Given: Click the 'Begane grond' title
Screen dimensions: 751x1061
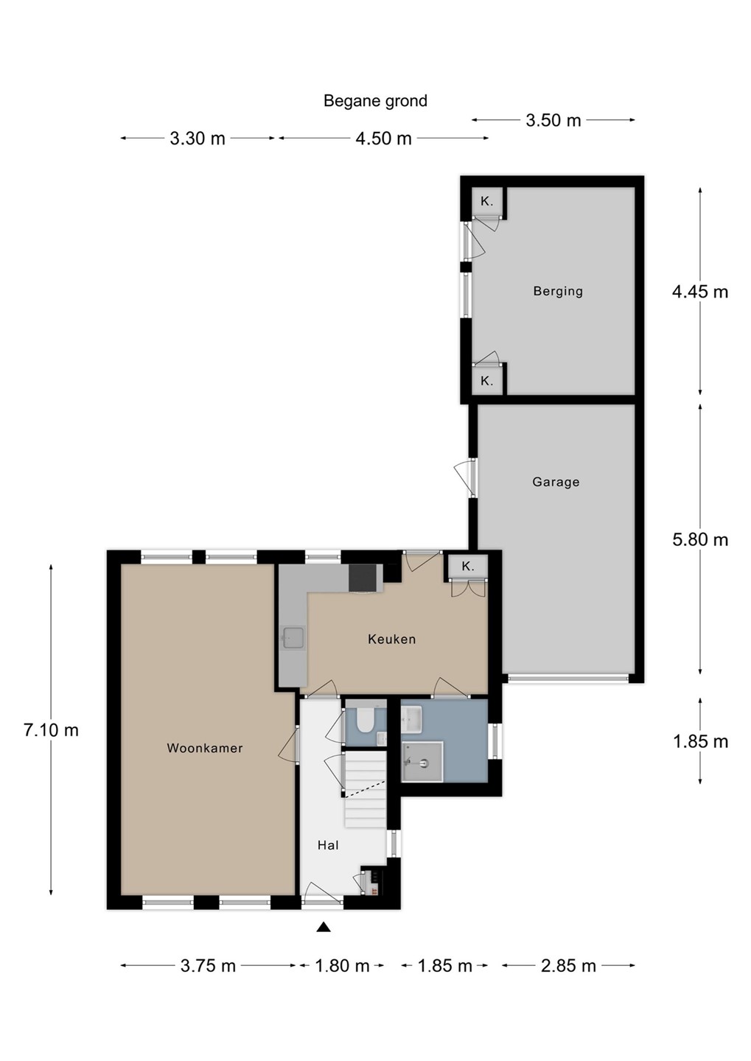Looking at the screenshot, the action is pyautogui.click(x=375, y=101).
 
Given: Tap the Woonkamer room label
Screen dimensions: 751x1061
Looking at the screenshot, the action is pyautogui.click(x=205, y=748).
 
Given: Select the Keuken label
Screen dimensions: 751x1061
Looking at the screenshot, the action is pyautogui.click(x=392, y=640).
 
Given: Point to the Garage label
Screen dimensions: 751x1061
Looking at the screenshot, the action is pyautogui.click(x=556, y=482).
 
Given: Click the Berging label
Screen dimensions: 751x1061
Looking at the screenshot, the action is pyautogui.click(x=558, y=291).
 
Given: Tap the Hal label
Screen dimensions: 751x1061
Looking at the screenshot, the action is pyautogui.click(x=328, y=845).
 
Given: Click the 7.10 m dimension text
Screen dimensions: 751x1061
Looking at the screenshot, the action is pyautogui.click(x=51, y=730).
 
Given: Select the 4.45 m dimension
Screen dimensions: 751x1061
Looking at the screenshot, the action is pyautogui.click(x=700, y=292).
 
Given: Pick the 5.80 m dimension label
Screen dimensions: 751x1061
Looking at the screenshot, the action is pyautogui.click(x=700, y=539).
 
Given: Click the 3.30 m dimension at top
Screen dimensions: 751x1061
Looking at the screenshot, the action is pyautogui.click(x=198, y=139).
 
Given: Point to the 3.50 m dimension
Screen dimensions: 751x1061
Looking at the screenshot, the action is pyautogui.click(x=553, y=120).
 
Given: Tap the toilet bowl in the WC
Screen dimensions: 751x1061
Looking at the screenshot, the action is pyautogui.click(x=366, y=721).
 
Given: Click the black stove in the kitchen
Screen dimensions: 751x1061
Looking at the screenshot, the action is pyautogui.click(x=366, y=578).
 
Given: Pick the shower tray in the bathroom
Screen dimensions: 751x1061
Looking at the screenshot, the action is pyautogui.click(x=422, y=761).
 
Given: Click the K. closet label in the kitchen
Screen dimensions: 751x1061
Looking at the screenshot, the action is pyautogui.click(x=468, y=566).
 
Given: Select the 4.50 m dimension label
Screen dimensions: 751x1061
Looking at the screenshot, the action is pyautogui.click(x=383, y=139).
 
